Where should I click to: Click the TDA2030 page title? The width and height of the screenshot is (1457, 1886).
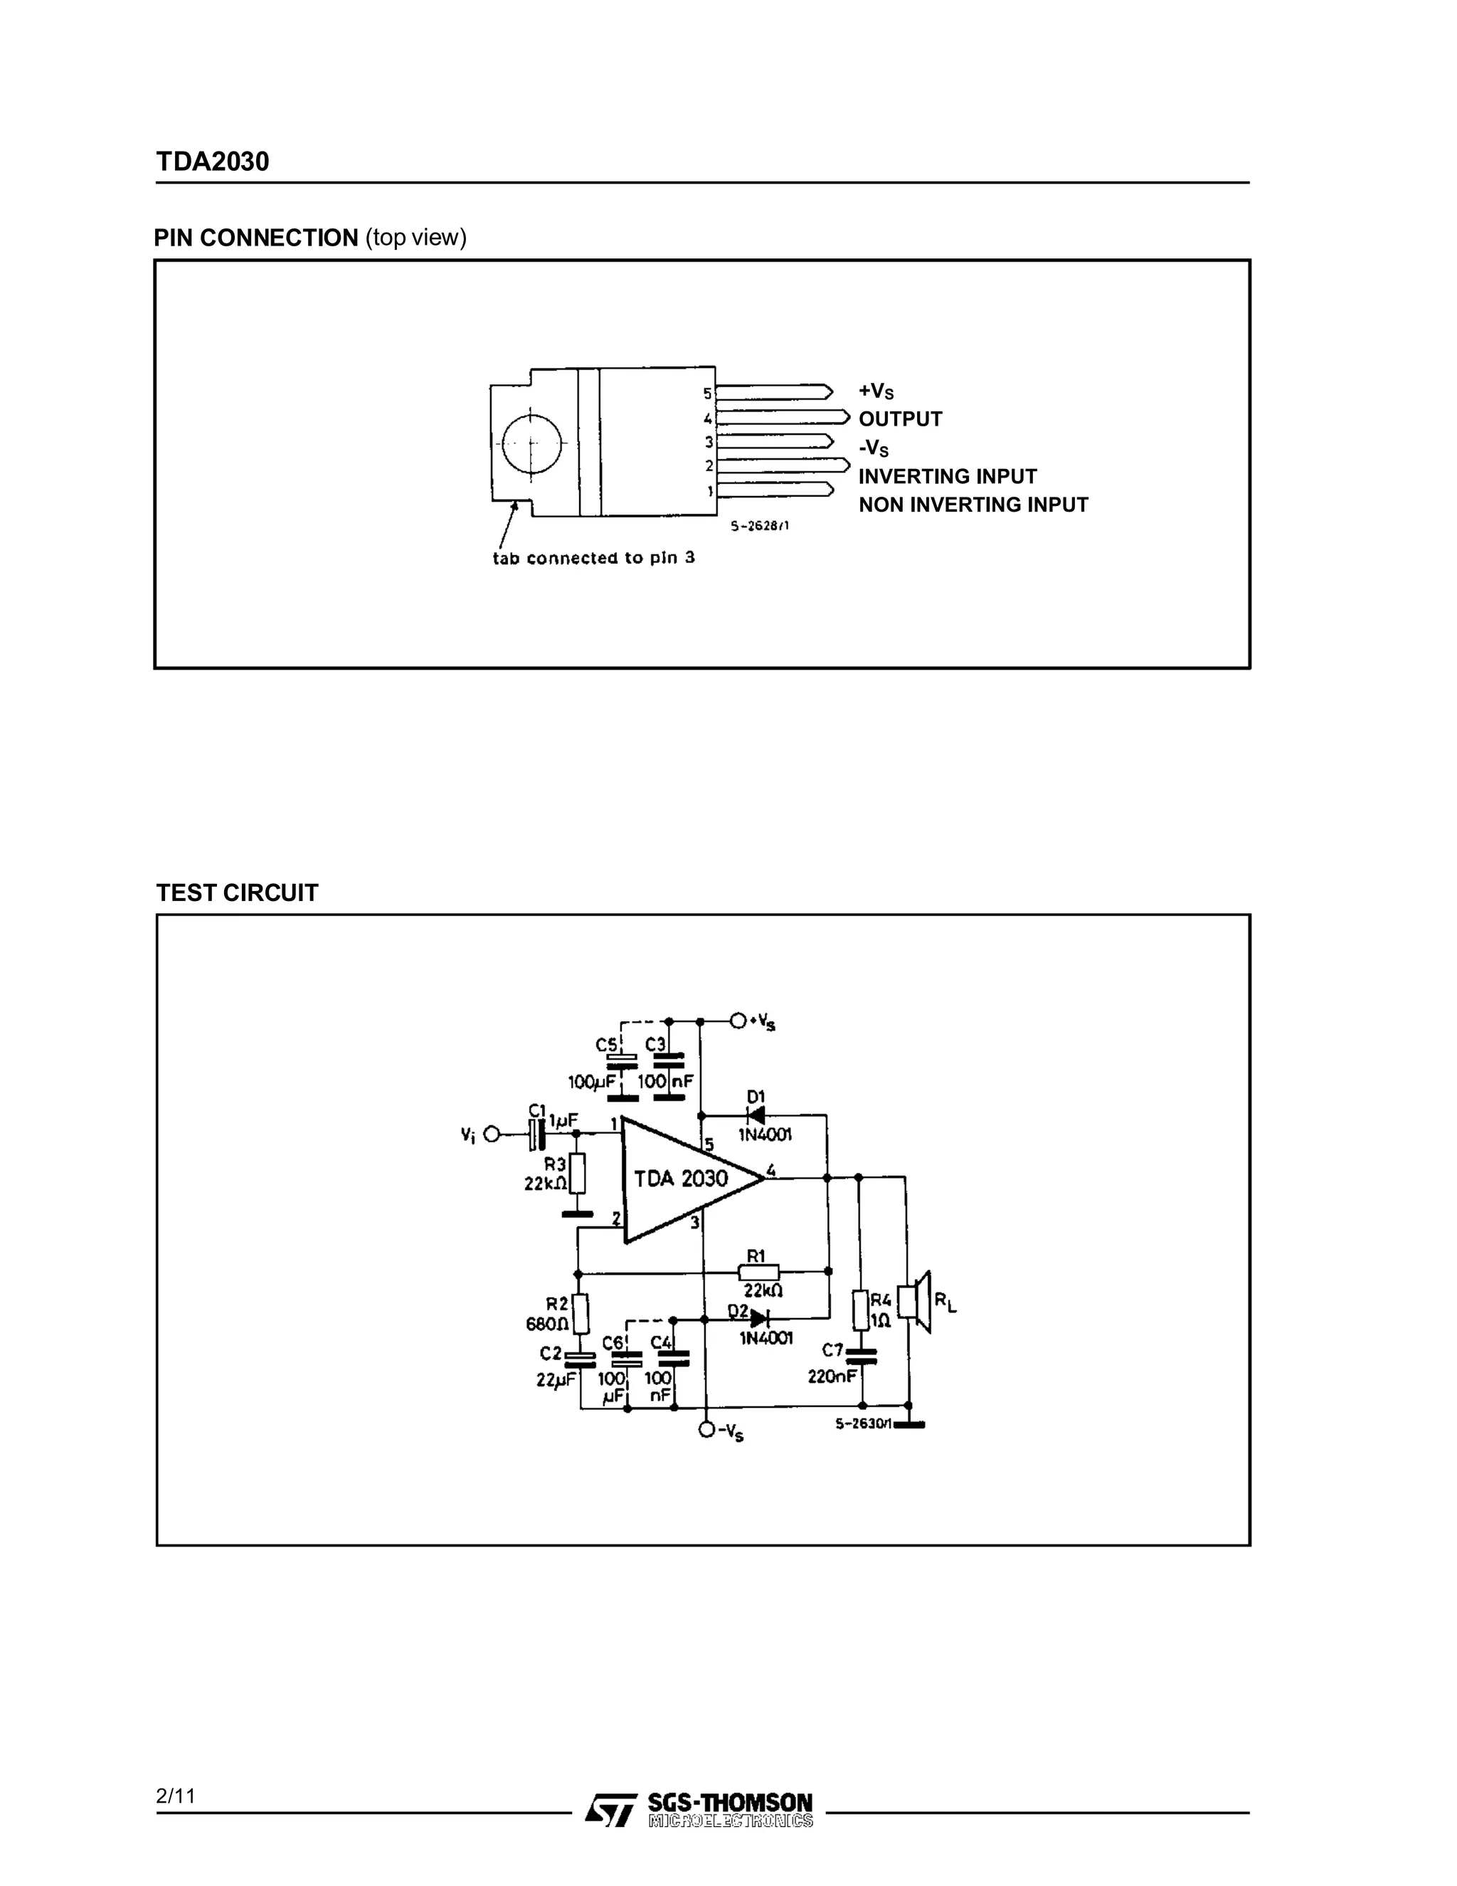(x=212, y=162)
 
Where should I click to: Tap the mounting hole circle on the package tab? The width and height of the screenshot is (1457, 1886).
(x=531, y=443)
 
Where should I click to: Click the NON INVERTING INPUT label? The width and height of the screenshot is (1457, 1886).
(x=973, y=505)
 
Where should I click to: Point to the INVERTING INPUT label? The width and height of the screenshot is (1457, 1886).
(x=947, y=476)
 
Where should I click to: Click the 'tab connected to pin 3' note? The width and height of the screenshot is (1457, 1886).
(x=593, y=558)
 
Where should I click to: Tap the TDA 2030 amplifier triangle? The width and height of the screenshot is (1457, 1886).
(x=681, y=1179)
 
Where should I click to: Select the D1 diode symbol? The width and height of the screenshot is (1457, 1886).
(x=756, y=1116)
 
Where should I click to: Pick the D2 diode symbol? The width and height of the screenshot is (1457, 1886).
(x=758, y=1319)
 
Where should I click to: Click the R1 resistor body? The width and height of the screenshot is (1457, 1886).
(x=758, y=1271)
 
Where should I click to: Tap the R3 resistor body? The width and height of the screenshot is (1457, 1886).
(x=578, y=1174)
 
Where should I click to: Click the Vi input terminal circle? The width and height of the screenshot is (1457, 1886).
(x=492, y=1134)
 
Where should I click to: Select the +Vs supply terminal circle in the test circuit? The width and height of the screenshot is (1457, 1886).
(x=738, y=1021)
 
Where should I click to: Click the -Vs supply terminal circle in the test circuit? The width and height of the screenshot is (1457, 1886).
(x=707, y=1431)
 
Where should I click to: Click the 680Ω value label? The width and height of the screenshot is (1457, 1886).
(x=547, y=1324)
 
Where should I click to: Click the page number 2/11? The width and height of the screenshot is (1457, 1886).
(x=176, y=1796)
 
